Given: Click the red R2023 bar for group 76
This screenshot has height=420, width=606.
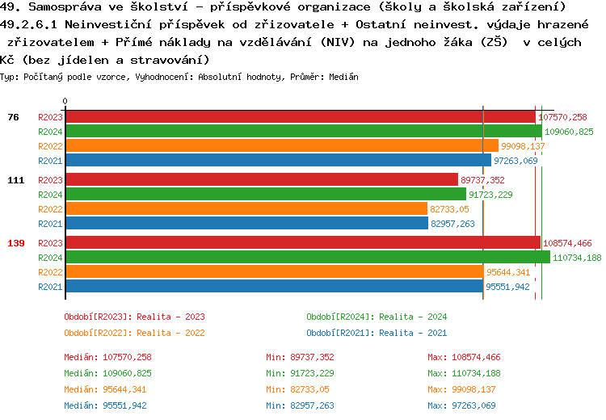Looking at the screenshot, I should pos(299,117).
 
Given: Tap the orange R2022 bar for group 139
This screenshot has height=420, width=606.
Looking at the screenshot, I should pos(274,272).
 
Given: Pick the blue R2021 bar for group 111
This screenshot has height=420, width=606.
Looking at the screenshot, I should pos(246,224).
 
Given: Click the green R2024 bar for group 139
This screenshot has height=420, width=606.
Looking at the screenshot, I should pos(307,258).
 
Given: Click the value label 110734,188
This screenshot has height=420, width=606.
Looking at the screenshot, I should pos(577,258).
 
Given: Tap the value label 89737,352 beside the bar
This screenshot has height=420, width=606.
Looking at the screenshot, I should pos(482,180).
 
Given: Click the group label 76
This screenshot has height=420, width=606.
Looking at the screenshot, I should pos(13,117).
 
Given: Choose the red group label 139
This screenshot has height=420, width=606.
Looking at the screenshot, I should pos(15,243).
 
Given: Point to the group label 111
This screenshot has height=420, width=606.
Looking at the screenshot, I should pos(15,180).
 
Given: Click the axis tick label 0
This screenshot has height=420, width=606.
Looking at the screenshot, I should pos(65,102).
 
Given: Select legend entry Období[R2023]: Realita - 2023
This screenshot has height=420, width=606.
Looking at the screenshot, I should pos(134,317).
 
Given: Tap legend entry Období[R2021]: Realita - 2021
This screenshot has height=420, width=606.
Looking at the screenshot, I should pos(377,333).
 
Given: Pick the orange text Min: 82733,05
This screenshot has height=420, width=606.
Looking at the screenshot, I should pos(301,389).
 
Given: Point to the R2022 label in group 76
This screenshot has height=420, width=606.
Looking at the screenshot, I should pos(50,146).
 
